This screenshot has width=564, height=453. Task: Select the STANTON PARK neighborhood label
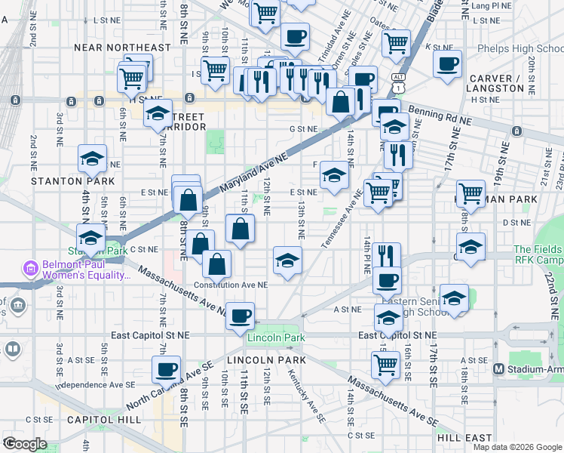tap(72, 181)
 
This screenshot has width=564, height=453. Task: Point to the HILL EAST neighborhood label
tap(464, 437)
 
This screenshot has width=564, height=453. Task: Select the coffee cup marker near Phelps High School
tap(447, 63)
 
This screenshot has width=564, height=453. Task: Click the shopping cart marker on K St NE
tap(395, 43)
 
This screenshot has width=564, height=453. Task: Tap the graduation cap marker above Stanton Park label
tap(92, 159)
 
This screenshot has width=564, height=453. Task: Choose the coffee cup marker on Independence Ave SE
tap(166, 370)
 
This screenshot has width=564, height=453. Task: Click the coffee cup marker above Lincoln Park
tap(240, 316)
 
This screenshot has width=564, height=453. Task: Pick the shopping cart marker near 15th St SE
tap(386, 365)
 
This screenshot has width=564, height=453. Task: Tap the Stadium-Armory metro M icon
tap(498, 368)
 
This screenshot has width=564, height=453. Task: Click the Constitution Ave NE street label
tap(230, 285)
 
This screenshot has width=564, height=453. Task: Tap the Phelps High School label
tap(520, 48)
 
